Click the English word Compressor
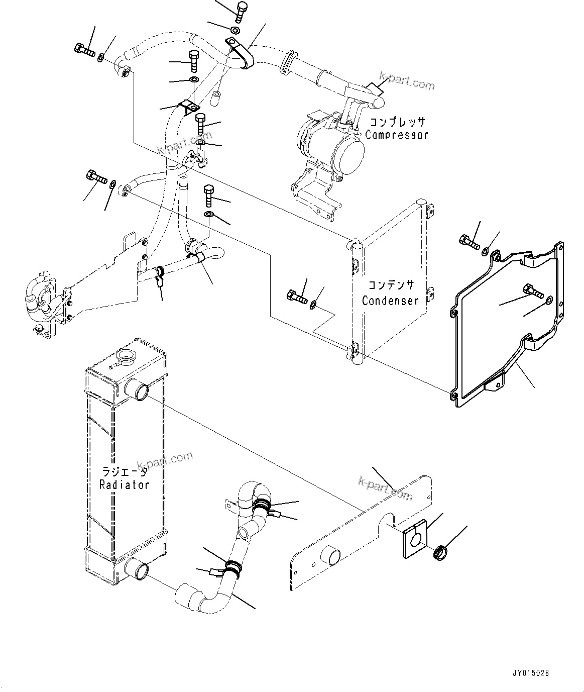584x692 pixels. [396, 135]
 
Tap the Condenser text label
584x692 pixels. [390, 301]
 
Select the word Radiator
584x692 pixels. [124, 484]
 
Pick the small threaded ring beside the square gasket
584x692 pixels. [441, 552]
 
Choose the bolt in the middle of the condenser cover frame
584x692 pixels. [531, 290]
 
